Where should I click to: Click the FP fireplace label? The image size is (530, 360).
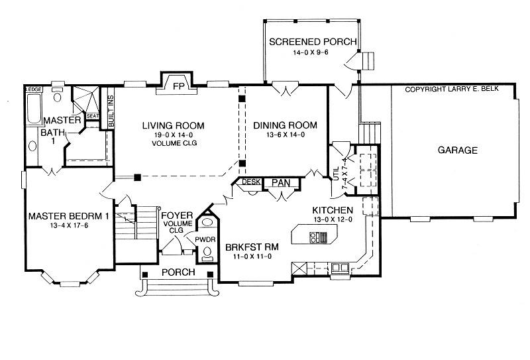tap(178, 86)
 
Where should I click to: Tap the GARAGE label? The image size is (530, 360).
tap(458, 150)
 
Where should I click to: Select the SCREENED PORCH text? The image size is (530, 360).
tap(313, 42)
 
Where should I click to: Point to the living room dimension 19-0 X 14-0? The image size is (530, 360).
tap(174, 135)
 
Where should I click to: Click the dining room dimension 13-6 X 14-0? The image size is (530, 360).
tap(286, 135)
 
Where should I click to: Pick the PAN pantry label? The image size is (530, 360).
tap(281, 183)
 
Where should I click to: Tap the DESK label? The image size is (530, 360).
tap(251, 182)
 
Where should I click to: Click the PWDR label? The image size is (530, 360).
tap(205, 239)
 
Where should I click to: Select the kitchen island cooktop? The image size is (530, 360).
tap(319, 237)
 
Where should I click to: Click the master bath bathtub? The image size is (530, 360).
tap(34, 108)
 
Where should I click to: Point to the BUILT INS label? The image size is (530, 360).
tap(111, 111)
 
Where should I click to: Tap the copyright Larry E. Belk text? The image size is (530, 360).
tap(452, 90)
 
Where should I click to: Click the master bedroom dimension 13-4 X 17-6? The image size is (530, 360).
tap(69, 225)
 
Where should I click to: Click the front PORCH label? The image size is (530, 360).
tap(178, 272)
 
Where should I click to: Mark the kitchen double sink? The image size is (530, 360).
tap(340, 268)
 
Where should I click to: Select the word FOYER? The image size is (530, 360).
tap(177, 215)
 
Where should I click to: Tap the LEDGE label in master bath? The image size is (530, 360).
tap(34, 90)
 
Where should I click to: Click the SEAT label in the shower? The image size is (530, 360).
tap(93, 116)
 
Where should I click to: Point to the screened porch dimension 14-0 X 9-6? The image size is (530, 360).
tap(311, 52)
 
